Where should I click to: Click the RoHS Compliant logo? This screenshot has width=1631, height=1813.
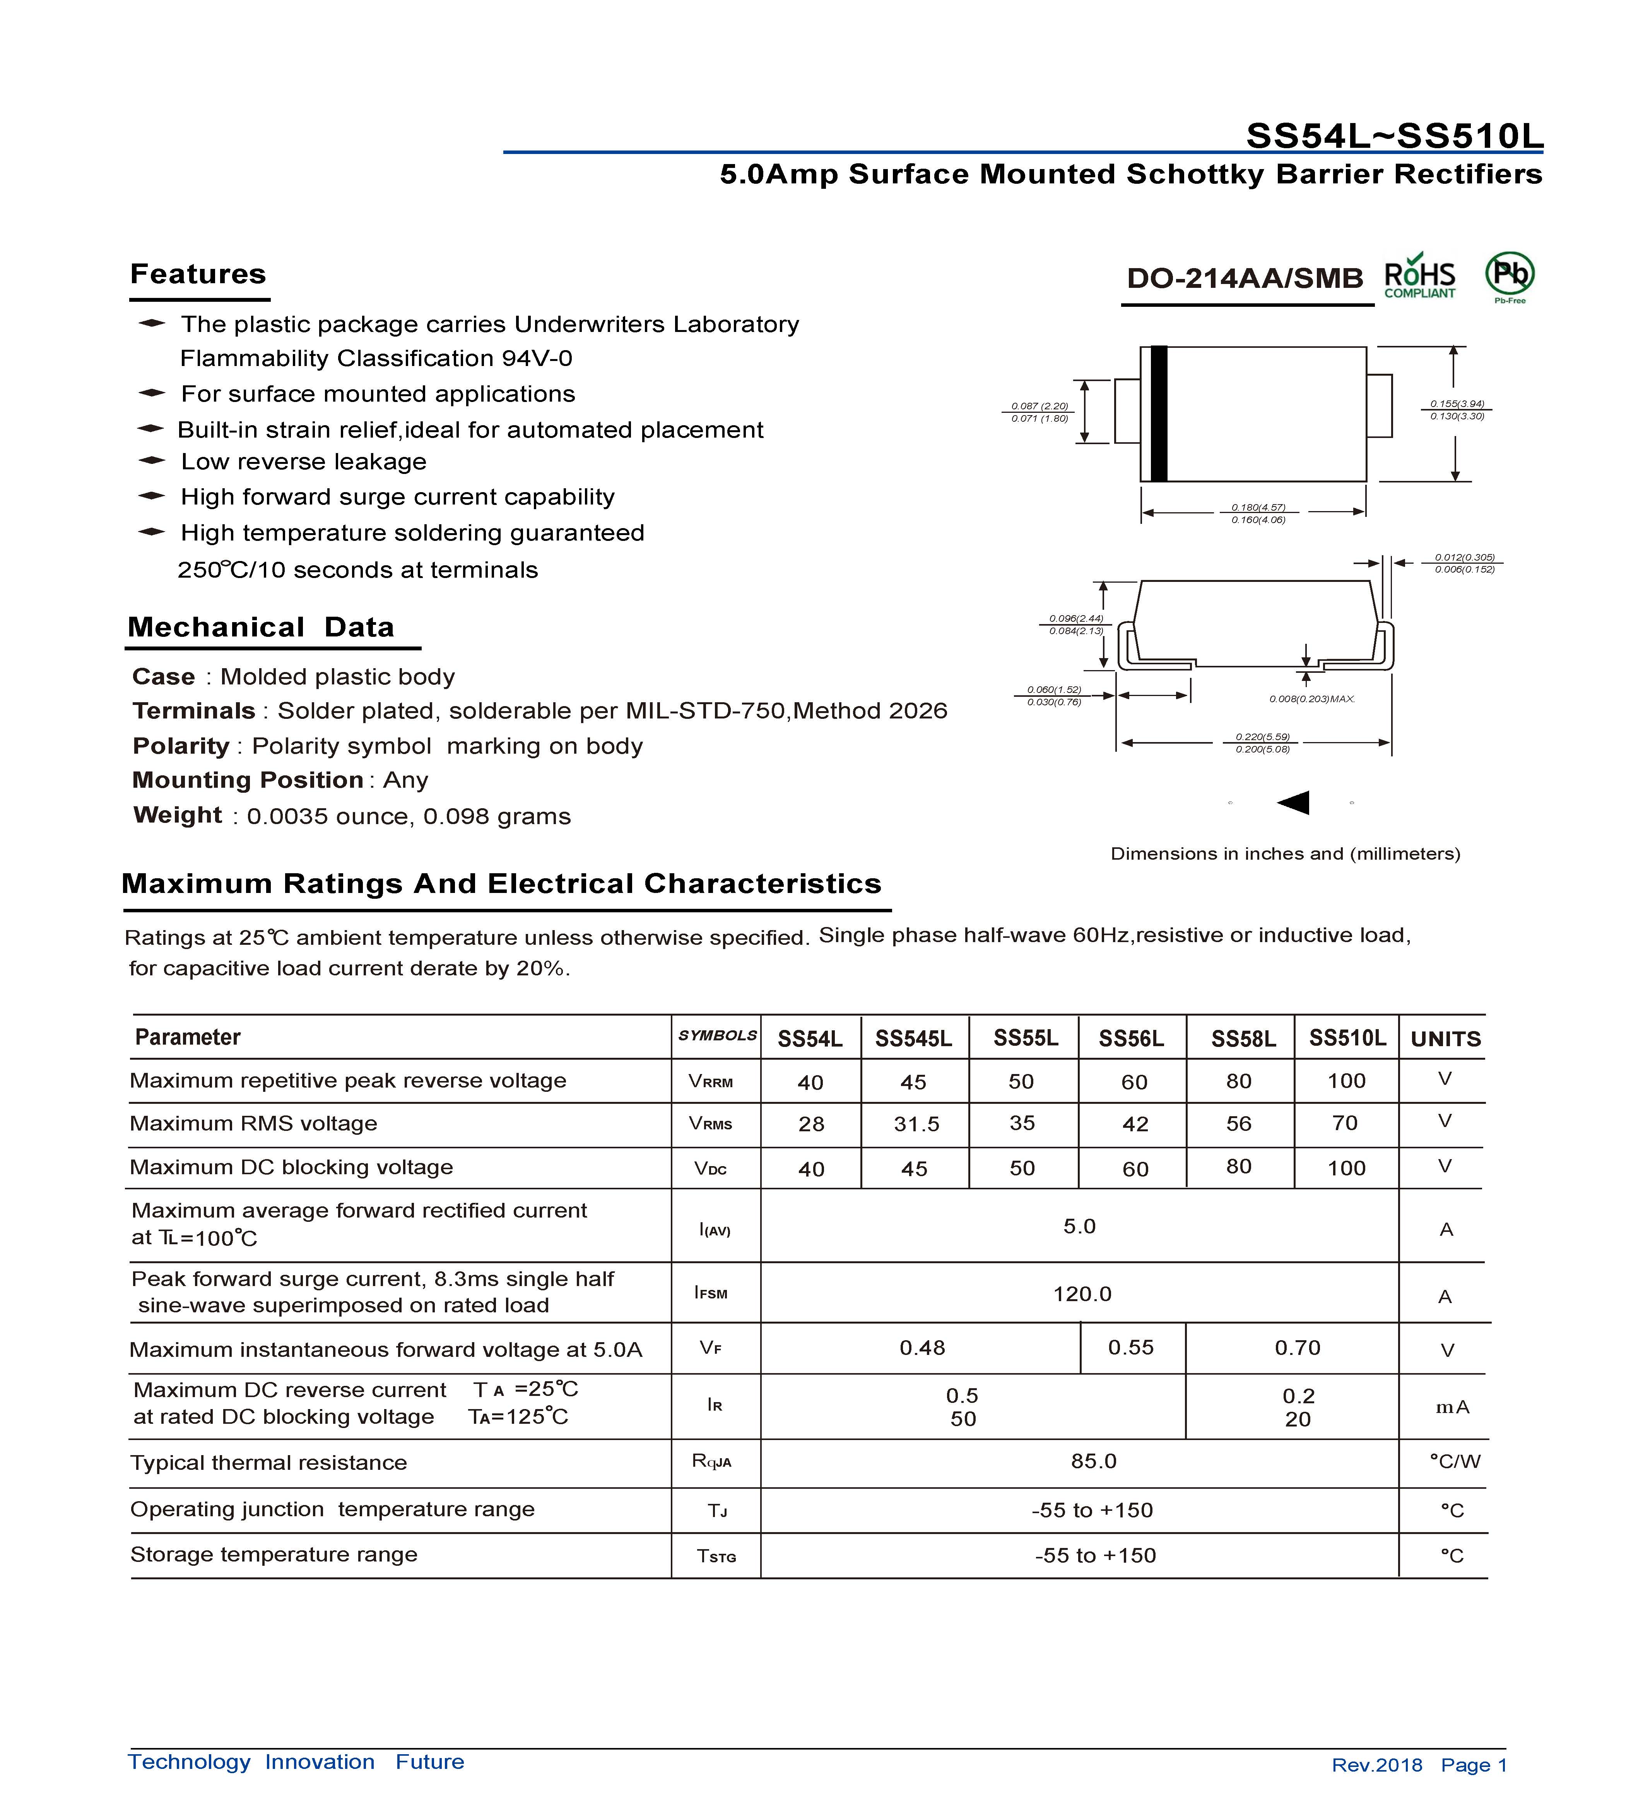point(1419,279)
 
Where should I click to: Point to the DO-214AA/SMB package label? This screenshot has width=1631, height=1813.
point(1245,279)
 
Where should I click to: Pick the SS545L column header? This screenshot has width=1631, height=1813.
point(913,1039)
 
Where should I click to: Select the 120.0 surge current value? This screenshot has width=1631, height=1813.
point(1082,1294)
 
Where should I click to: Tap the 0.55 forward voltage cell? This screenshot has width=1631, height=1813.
point(1131,1348)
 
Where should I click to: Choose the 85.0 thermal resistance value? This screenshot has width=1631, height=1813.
point(1093,1462)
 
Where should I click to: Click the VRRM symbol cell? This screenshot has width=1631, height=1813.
point(711,1082)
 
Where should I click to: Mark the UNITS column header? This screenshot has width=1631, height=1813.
point(1445,1040)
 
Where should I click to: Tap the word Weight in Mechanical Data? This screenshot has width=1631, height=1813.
point(178,816)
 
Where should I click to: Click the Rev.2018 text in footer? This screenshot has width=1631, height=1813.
point(1376,1765)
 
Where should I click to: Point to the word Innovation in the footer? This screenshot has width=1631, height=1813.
point(320,1762)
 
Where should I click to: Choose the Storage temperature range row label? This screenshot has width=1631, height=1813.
point(274,1555)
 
